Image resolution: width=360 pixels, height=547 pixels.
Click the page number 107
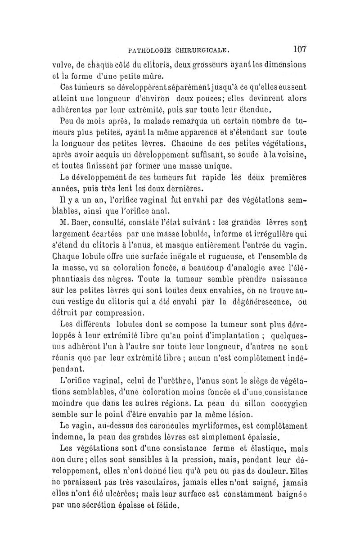(298, 49)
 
